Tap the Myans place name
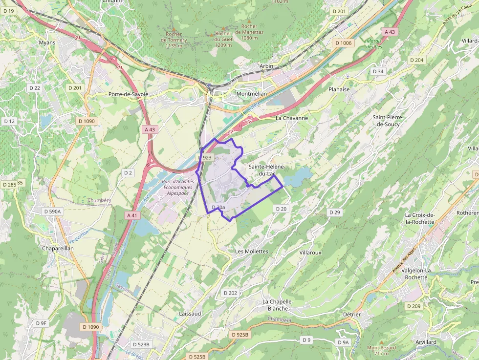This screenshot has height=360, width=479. point(47,42)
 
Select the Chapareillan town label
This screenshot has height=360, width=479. point(58,248)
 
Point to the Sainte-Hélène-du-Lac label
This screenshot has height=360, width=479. point(266,170)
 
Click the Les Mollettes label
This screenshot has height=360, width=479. point(252,251)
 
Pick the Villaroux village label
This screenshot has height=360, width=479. point(310,253)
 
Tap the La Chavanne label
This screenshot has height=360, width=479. point(292,118)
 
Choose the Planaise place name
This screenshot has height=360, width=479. point(339,89)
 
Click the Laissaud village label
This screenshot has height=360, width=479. point(190,313)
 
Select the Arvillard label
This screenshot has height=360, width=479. point(424,342)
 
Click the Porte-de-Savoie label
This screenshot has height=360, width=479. point(128,94)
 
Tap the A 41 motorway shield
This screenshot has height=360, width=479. point(132,215)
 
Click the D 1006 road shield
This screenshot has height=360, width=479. point(343,43)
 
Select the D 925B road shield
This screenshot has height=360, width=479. point(240,335)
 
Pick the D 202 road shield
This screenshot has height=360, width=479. point(230,293)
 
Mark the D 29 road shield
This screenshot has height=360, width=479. point(334,212)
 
